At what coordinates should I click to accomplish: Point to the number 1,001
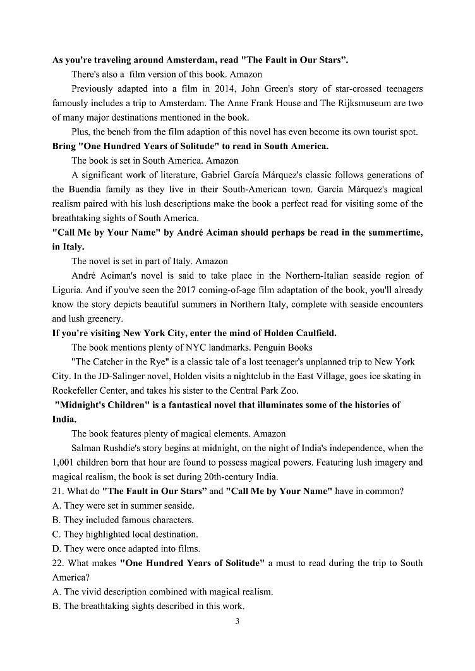pos(63,462)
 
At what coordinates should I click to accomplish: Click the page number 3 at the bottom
pos(237,621)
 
